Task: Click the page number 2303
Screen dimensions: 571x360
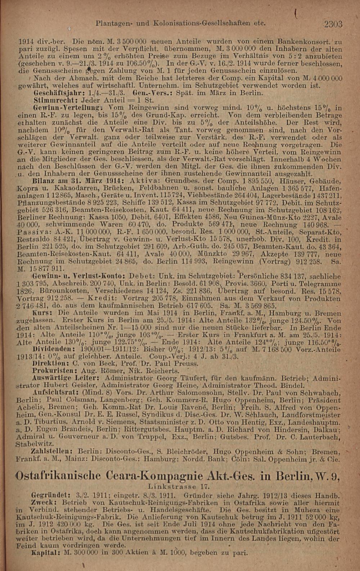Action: click(333, 24)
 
